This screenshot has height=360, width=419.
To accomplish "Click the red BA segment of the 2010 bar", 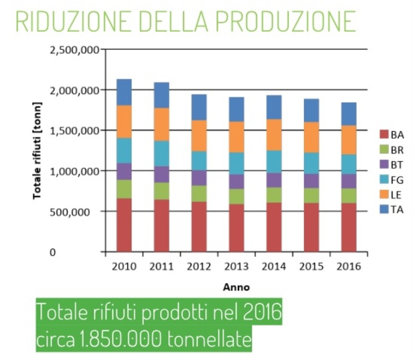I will point(124,225).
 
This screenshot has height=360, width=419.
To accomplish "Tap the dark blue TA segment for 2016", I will point(349,114).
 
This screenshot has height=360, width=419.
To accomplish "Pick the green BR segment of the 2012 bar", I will point(199,193).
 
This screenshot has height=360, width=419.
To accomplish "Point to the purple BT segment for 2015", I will point(311,181).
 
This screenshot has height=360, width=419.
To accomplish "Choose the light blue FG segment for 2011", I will point(162,154).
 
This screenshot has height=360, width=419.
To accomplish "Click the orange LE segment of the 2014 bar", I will point(274,134).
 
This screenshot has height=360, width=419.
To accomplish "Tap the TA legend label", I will point(396,209).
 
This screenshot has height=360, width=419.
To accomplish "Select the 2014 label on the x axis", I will point(274,266).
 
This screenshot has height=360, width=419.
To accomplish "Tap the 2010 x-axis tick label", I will point(124,266).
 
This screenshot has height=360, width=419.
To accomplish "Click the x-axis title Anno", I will point(236,287).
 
